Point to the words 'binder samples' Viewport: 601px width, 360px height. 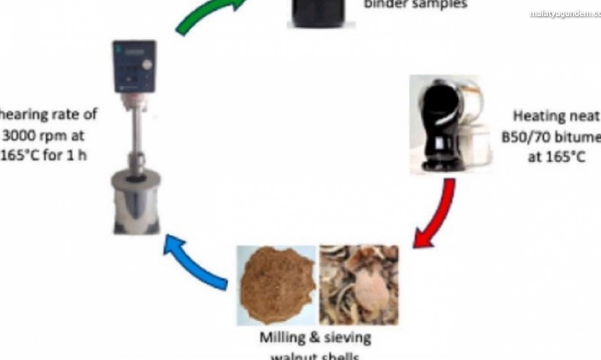coord(415,4)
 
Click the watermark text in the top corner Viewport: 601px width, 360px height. coord(564,14)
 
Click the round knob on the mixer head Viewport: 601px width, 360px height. coord(148,64)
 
